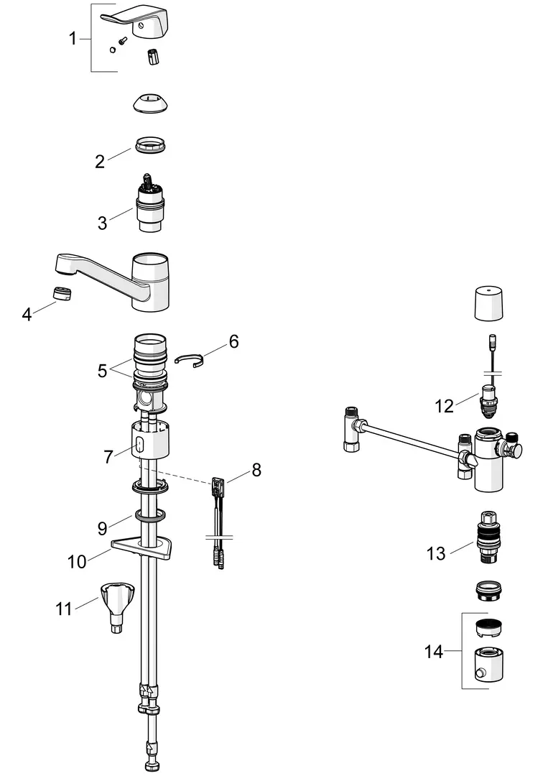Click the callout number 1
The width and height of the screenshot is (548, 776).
(73, 38)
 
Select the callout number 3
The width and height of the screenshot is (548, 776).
(103, 223)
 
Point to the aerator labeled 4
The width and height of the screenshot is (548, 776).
(62, 293)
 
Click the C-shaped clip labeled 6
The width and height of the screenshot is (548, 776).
(189, 360)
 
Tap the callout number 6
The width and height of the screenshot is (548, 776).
(233, 341)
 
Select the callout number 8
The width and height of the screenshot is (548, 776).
(256, 470)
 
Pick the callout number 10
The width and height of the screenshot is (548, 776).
(77, 562)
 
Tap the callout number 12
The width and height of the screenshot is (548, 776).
(444, 406)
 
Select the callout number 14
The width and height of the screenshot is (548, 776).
(434, 652)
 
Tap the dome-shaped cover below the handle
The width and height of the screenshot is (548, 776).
(151, 103)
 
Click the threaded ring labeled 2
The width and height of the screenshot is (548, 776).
(149, 145)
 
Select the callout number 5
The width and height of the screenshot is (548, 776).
(102, 370)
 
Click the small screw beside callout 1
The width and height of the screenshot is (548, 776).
(122, 40)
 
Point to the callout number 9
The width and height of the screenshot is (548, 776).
(102, 529)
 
